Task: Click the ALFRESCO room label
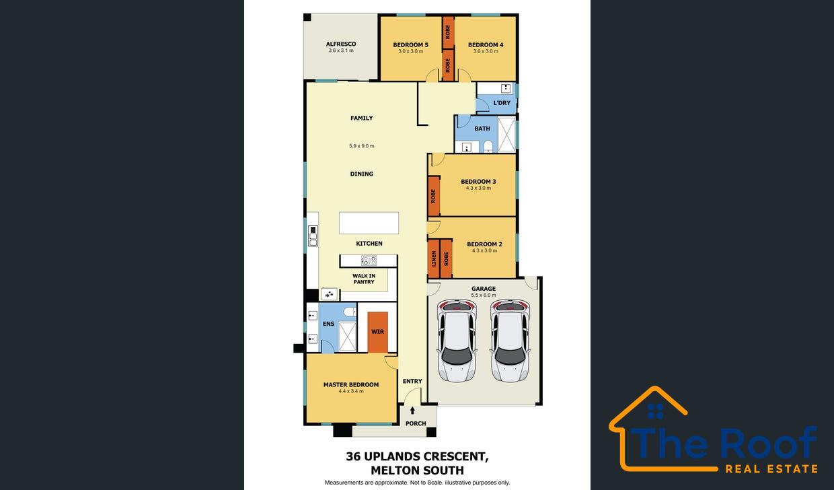[341, 44]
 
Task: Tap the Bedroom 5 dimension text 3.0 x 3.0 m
[411, 51]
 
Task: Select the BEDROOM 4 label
[486, 44]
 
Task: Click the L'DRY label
[502, 103]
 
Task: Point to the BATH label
[482, 129]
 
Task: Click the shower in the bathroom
[506, 134]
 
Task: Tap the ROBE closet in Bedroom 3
[434, 196]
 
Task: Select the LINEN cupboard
[434, 258]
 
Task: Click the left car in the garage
[457, 340]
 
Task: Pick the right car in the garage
[510, 340]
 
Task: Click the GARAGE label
[484, 288]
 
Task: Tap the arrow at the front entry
[412, 411]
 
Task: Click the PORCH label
[416, 423]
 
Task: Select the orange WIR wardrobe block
[377, 332]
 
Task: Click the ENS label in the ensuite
[328, 324]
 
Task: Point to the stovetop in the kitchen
[369, 260]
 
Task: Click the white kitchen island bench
[369, 223]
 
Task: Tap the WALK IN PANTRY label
[364, 279]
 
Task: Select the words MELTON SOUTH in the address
[417, 470]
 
